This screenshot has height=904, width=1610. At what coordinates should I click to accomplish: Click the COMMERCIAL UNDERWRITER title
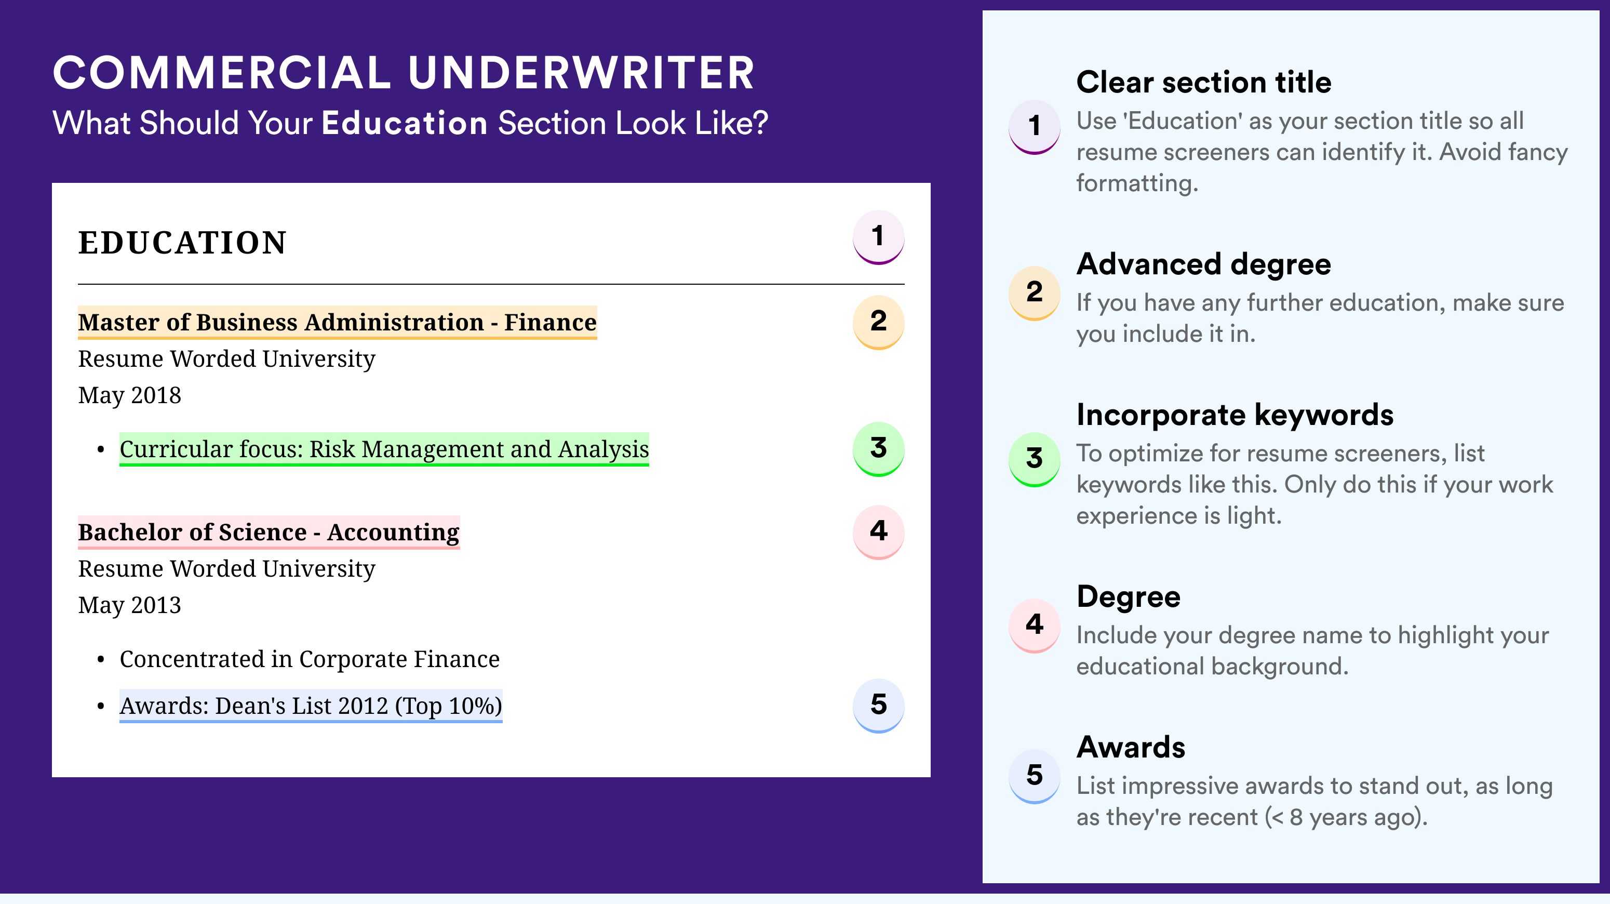click(x=404, y=73)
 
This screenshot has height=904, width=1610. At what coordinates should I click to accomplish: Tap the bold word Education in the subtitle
click(x=405, y=123)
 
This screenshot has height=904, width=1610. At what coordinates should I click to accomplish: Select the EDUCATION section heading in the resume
click(x=182, y=243)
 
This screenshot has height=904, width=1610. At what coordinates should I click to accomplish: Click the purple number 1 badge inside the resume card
click(x=878, y=237)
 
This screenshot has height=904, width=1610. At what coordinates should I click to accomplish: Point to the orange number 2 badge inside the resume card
click(x=878, y=322)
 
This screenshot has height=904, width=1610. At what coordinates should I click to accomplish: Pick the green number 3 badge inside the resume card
click(x=878, y=449)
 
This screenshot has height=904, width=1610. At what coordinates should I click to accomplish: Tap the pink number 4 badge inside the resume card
click(x=878, y=532)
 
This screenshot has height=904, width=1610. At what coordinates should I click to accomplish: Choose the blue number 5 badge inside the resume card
click(x=878, y=706)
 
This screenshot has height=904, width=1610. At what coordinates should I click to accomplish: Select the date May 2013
click(x=129, y=606)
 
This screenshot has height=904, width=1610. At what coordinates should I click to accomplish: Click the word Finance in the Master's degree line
click(x=550, y=322)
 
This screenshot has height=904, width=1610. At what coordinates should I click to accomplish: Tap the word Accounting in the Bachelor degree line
click(x=393, y=533)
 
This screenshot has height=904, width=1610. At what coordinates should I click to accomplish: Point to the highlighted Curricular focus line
click(x=384, y=449)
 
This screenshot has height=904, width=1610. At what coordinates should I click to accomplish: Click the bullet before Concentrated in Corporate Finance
click(x=101, y=660)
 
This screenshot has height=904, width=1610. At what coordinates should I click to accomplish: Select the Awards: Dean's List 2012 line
click(x=311, y=706)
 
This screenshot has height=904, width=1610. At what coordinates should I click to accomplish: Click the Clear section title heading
click(x=1204, y=82)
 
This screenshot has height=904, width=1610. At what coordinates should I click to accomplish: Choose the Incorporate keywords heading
click(x=1235, y=415)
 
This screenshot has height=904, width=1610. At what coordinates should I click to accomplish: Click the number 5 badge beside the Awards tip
click(x=1035, y=776)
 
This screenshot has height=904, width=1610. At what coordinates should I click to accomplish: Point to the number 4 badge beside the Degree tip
click(x=1035, y=625)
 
